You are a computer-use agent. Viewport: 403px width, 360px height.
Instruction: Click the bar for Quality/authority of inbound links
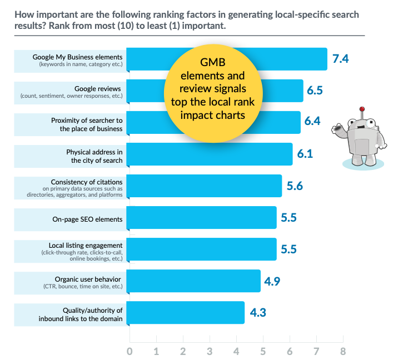point(186,313)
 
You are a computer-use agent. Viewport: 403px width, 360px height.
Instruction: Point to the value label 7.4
point(340,59)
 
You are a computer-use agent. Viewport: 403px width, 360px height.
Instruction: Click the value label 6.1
point(305,154)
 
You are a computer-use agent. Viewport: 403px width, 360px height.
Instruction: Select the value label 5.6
point(295,186)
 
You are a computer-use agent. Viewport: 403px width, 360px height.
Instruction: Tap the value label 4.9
point(272,281)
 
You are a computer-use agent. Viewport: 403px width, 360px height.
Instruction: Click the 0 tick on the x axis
point(130,351)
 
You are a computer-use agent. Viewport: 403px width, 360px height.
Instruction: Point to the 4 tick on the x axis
point(236,351)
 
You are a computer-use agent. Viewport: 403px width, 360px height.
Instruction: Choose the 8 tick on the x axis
point(343,351)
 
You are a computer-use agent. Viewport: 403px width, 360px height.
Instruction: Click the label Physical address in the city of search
point(94,156)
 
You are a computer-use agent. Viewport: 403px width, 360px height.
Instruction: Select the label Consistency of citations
point(86,182)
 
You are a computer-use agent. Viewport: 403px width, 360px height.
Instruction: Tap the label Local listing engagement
point(86,245)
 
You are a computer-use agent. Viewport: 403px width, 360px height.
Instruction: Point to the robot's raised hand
point(337,129)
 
